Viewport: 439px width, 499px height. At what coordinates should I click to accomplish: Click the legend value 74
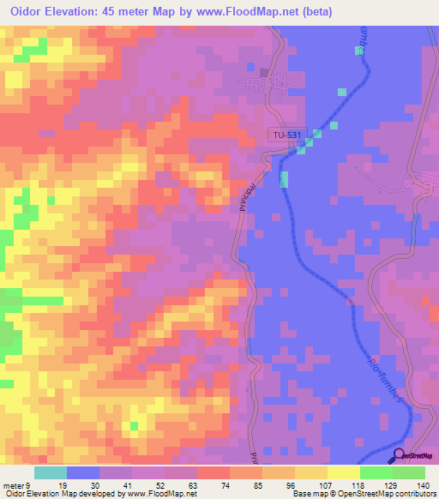point(201,484)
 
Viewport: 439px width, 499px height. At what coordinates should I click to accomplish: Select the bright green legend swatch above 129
point(376,472)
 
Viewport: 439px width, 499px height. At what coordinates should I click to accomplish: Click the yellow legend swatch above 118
point(343,472)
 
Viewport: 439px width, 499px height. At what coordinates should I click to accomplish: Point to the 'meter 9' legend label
point(17,484)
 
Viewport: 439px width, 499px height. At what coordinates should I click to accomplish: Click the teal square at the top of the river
point(358,51)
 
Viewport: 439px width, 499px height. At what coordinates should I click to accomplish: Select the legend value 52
point(136,484)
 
